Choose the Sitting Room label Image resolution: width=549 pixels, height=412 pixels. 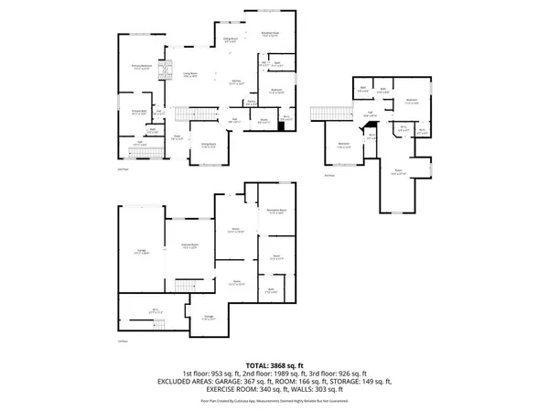[x=209, y=145]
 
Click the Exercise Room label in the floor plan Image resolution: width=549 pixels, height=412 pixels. [x=189, y=246]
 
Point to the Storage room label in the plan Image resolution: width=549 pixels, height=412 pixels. [x=209, y=317]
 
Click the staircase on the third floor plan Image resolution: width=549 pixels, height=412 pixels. [x=323, y=114]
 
